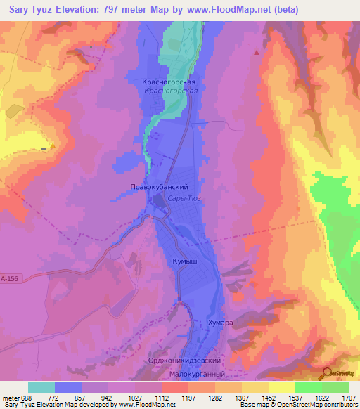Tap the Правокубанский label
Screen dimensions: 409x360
[159, 188]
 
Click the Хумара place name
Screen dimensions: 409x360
[219, 323]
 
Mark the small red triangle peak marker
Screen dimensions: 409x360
[257, 51]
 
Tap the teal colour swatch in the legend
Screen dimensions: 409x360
[41, 387]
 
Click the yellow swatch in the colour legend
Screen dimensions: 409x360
[281, 387]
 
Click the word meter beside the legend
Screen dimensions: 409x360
[10, 398]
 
